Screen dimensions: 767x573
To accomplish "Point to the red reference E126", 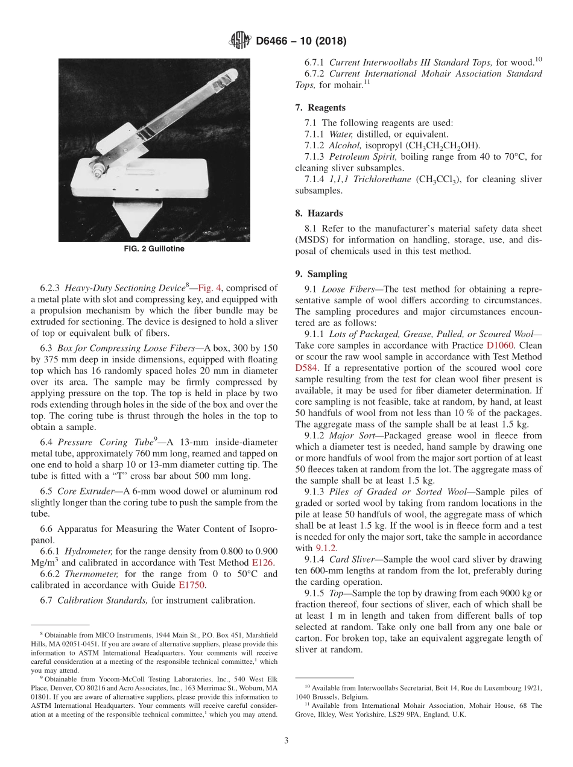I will (262, 562).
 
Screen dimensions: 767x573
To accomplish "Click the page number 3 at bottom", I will (286, 740).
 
